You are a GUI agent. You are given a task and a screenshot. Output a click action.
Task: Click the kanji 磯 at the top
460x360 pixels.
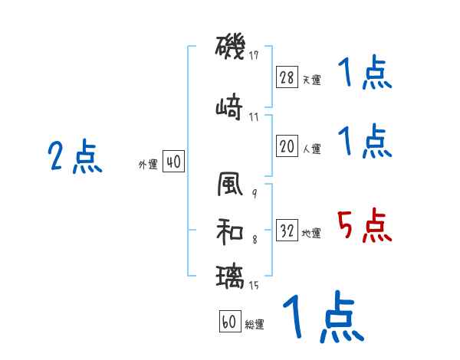tap(231, 48)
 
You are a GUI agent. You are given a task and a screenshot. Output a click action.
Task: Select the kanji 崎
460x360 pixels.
tap(231, 106)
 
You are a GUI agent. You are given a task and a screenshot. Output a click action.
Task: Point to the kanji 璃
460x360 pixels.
tap(231, 276)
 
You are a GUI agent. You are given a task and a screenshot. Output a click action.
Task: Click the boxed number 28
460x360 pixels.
tap(287, 77)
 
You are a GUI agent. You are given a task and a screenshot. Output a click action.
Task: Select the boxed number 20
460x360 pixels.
tap(287, 147)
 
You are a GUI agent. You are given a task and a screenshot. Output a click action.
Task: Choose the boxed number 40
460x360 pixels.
tap(173, 162)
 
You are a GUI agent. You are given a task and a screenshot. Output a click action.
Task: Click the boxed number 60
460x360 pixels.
tap(229, 322)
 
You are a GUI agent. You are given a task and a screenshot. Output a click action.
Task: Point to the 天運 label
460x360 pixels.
tap(311, 80)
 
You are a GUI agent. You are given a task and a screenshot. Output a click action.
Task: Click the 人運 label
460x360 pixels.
tap(311, 149)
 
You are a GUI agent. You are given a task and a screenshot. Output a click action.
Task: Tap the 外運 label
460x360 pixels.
tap(148, 165)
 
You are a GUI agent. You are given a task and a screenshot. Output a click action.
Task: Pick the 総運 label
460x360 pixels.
tap(255, 325)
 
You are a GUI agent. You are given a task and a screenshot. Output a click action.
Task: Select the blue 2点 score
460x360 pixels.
tap(75, 157)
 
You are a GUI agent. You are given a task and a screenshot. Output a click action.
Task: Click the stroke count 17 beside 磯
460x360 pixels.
tap(254, 55)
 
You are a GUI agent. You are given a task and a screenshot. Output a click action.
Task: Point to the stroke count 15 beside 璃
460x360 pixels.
tap(254, 286)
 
